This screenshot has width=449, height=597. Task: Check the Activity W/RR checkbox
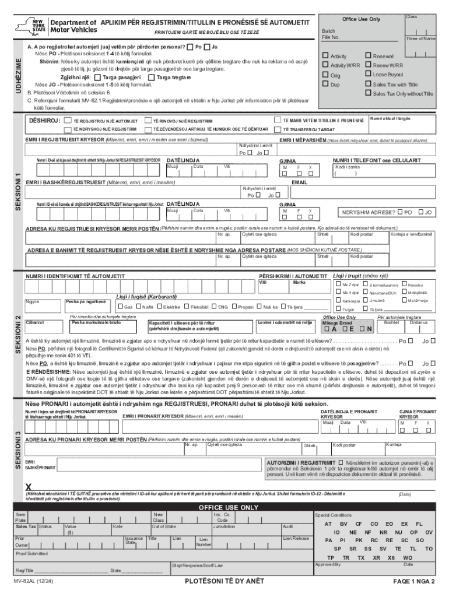(x=326, y=65)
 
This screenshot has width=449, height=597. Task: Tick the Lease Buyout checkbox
(x=368, y=74)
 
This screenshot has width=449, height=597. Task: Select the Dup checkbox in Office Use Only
(x=326, y=84)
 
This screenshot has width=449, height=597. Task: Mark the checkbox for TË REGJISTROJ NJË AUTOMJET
(x=66, y=120)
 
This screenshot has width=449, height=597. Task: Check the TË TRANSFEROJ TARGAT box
(x=278, y=129)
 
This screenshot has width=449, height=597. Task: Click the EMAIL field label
(x=299, y=182)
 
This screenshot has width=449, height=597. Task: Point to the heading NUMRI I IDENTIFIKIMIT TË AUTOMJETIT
(x=74, y=275)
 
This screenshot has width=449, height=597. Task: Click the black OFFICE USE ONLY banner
(x=229, y=507)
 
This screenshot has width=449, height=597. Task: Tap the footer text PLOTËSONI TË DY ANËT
(x=224, y=581)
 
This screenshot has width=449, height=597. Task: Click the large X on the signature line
(x=28, y=486)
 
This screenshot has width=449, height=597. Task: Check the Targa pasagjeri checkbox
(x=98, y=77)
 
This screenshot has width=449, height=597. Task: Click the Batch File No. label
(x=331, y=34)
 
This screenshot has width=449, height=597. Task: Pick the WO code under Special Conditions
(x=408, y=557)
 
